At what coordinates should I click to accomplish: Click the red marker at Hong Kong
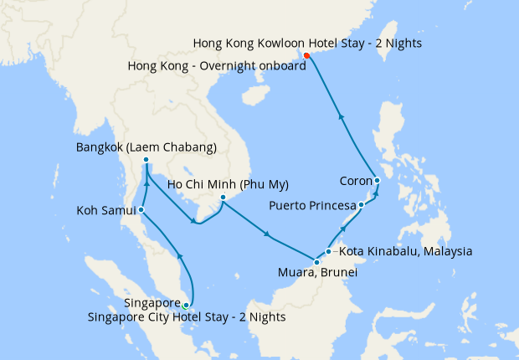(x=306, y=56)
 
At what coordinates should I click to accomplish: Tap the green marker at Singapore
(x=186, y=306)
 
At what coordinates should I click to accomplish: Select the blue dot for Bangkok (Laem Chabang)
(x=146, y=160)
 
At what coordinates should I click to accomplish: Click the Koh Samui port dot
(x=141, y=209)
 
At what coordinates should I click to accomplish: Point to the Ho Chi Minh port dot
(x=223, y=198)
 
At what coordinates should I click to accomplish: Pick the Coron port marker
(x=378, y=180)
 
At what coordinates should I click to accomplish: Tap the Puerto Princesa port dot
(x=361, y=204)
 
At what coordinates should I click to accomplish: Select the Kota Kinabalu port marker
(x=329, y=251)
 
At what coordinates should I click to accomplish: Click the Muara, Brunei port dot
(x=316, y=263)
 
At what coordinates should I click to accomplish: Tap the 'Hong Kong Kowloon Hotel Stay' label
(x=306, y=43)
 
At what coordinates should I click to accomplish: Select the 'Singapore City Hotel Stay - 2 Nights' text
(x=187, y=316)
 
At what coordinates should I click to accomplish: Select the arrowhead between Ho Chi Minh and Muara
(x=266, y=234)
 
